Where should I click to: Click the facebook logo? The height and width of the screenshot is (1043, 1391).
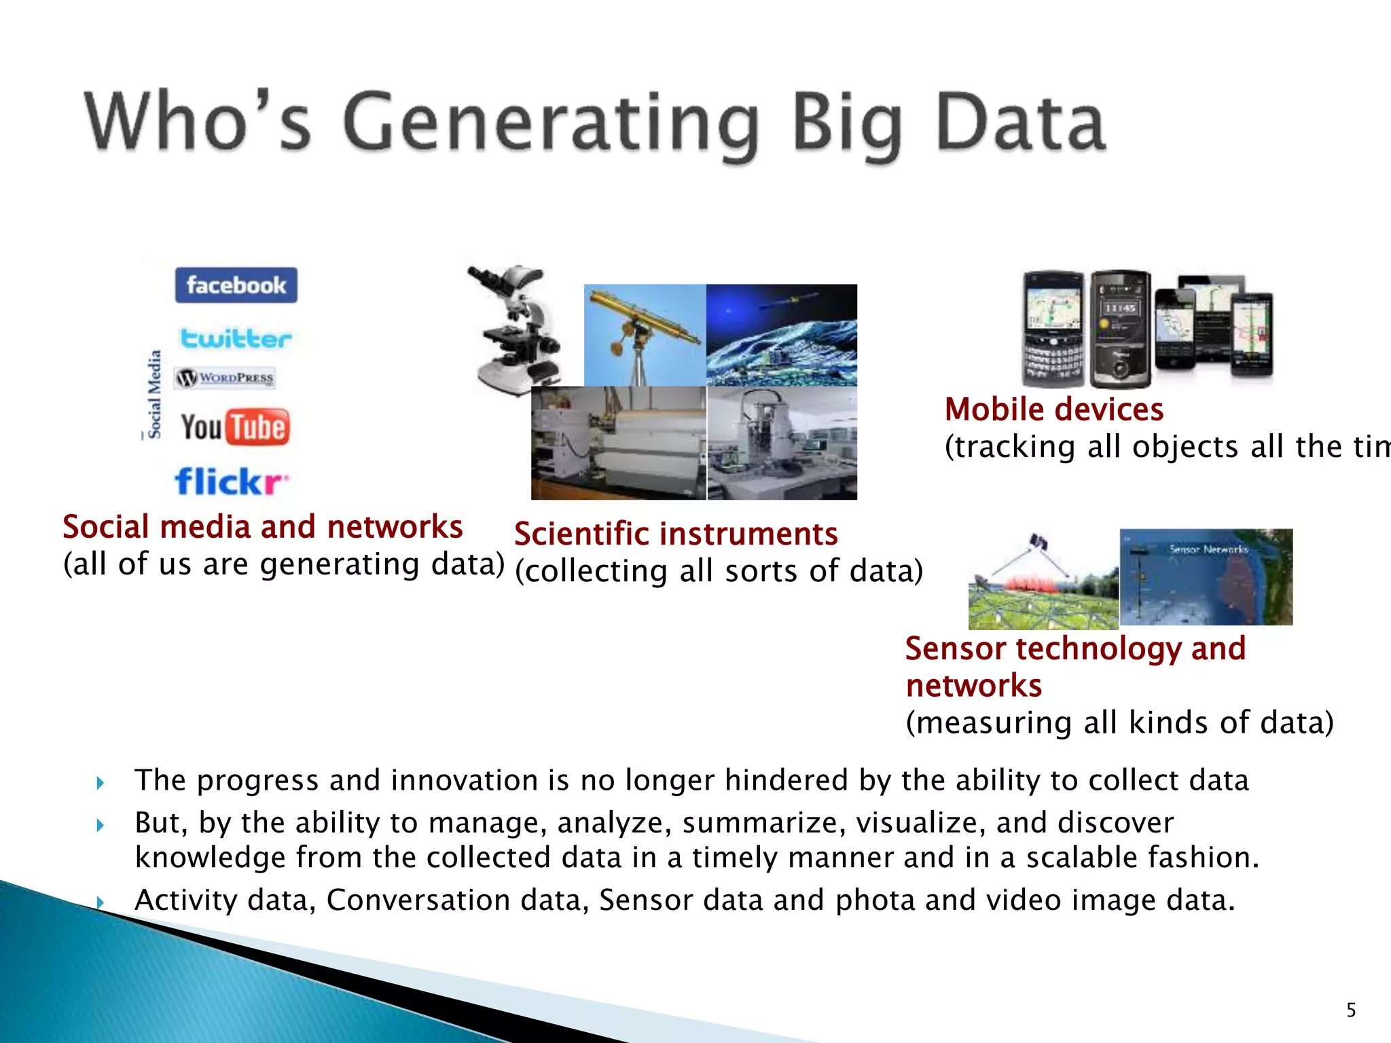click(x=236, y=285)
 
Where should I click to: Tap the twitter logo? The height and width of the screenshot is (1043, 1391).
click(x=235, y=338)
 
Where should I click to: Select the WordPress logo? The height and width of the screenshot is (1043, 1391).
click(x=225, y=378)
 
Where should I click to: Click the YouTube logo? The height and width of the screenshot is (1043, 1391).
click(x=235, y=428)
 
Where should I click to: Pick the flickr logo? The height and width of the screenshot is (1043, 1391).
click(x=231, y=481)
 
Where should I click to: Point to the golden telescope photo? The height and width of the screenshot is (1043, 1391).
click(x=645, y=335)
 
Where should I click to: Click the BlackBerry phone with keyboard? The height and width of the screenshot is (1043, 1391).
click(x=1053, y=329)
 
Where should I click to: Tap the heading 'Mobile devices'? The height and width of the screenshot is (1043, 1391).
click(x=1053, y=409)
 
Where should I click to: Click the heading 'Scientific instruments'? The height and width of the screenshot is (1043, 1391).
click(x=676, y=534)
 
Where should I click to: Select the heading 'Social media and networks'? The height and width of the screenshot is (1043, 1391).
click(x=263, y=527)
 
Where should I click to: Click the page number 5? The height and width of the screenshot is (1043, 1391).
click(x=1351, y=1010)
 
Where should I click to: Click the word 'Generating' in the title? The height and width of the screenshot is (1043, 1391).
click(x=550, y=124)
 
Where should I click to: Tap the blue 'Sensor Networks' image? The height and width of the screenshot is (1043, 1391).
click(x=1206, y=577)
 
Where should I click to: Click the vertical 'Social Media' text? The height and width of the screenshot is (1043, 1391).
click(x=155, y=394)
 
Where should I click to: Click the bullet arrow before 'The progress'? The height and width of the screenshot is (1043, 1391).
click(x=101, y=783)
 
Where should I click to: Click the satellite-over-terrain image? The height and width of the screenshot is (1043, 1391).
click(x=782, y=335)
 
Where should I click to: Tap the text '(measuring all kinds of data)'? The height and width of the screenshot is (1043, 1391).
click(x=1119, y=722)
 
